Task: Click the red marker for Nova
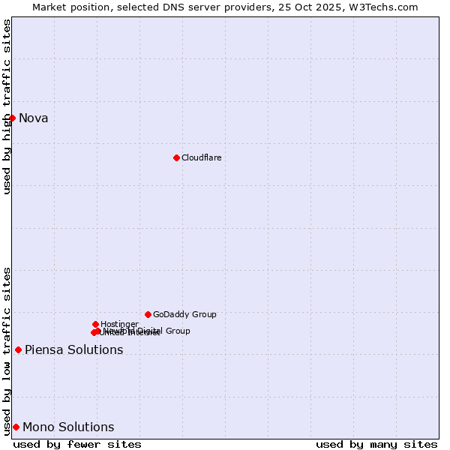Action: click(12, 118)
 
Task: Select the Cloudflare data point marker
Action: click(176, 157)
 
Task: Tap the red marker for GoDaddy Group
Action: click(148, 314)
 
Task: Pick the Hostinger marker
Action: click(95, 324)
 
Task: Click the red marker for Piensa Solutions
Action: click(18, 349)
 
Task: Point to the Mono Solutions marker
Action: click(16, 427)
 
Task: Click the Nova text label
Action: click(33, 118)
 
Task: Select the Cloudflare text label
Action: click(201, 157)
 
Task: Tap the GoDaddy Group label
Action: click(184, 314)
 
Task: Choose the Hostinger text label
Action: click(119, 324)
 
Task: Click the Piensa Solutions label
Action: click(73, 349)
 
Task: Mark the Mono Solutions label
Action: click(68, 427)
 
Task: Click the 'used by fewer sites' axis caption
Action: click(77, 444)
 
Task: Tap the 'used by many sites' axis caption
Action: click(376, 444)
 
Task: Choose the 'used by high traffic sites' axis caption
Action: click(7, 106)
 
